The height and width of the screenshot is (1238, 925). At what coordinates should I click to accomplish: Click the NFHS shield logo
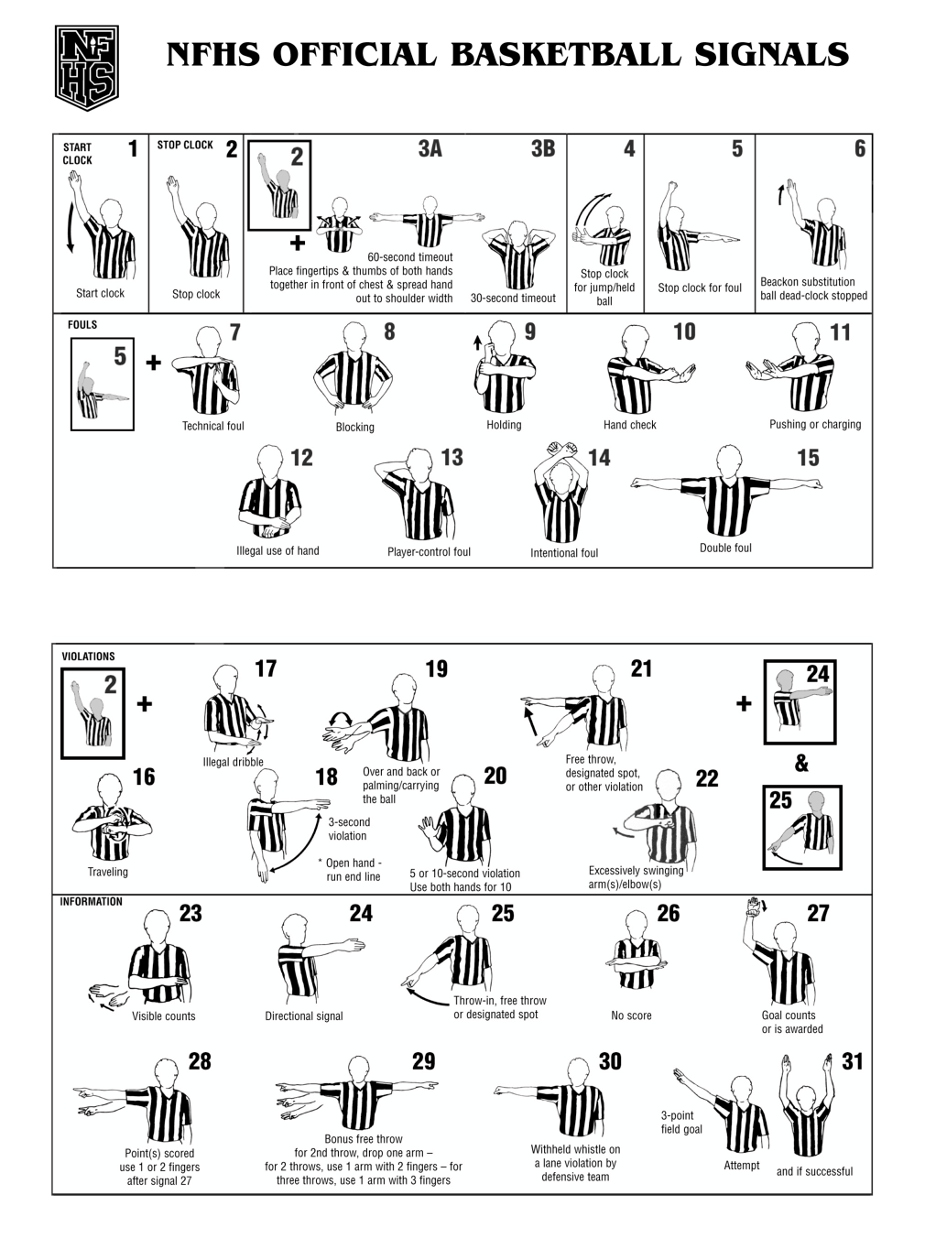point(86,68)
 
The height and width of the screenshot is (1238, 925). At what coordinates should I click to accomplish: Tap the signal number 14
point(599,458)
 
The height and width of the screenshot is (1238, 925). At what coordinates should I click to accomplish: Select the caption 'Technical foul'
point(212,426)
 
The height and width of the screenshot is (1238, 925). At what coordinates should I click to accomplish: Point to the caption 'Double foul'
point(725,548)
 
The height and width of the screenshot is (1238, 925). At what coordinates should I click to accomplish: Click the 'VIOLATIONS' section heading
point(88,657)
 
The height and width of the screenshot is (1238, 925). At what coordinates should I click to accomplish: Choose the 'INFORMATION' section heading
point(92,902)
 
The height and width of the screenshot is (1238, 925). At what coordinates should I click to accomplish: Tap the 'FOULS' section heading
point(82,325)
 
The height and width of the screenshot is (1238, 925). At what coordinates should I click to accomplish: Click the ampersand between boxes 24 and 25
point(801,764)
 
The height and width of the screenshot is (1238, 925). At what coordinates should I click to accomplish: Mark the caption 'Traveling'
point(108,872)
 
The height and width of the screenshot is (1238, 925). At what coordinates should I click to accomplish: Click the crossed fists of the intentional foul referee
point(562,450)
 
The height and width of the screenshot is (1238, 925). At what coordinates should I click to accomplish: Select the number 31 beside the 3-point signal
point(853,1062)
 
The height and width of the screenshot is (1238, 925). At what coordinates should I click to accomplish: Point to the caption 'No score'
point(631,1015)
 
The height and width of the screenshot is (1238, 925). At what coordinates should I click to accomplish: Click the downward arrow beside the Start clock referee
point(71,228)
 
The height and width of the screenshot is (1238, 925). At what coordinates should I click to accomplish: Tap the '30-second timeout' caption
point(513,299)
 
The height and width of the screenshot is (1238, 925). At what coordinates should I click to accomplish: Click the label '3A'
point(430,149)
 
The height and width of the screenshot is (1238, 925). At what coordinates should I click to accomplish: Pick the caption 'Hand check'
point(629,425)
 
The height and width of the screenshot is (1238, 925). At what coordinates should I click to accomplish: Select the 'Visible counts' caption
point(164,1016)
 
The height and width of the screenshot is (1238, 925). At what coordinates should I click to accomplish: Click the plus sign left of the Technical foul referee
point(154,363)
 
